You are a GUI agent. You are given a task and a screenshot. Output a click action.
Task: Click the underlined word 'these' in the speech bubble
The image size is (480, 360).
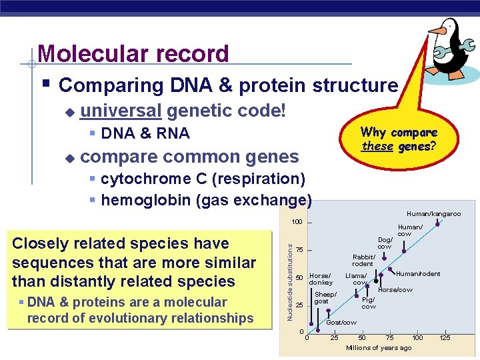click(377, 145)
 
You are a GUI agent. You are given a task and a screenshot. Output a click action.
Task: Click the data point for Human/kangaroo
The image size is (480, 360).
click(437, 224)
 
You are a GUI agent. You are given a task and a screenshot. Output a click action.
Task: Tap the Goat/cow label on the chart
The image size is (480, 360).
click(341, 323)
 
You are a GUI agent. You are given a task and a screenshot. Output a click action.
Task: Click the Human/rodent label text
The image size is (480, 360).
click(418, 274)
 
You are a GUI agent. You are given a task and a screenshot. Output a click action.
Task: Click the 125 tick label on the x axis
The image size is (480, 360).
click(445, 338)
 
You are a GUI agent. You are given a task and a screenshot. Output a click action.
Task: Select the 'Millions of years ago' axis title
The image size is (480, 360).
click(379, 348)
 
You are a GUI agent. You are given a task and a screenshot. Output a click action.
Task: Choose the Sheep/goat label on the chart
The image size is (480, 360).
click(325, 298)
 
